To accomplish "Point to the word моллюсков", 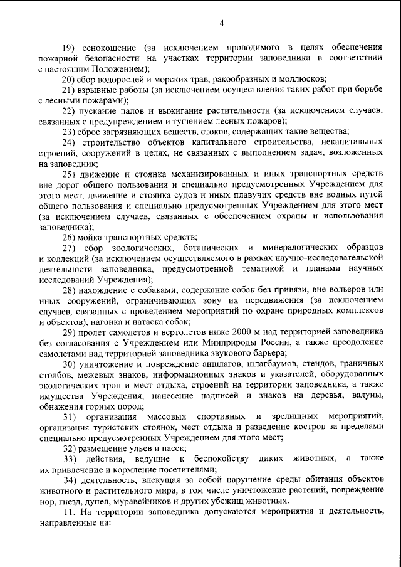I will point(305,79).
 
